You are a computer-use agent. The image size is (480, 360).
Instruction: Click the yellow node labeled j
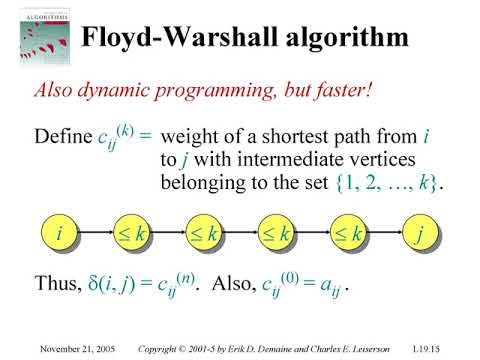419,235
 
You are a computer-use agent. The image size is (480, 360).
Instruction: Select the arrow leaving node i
95,235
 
